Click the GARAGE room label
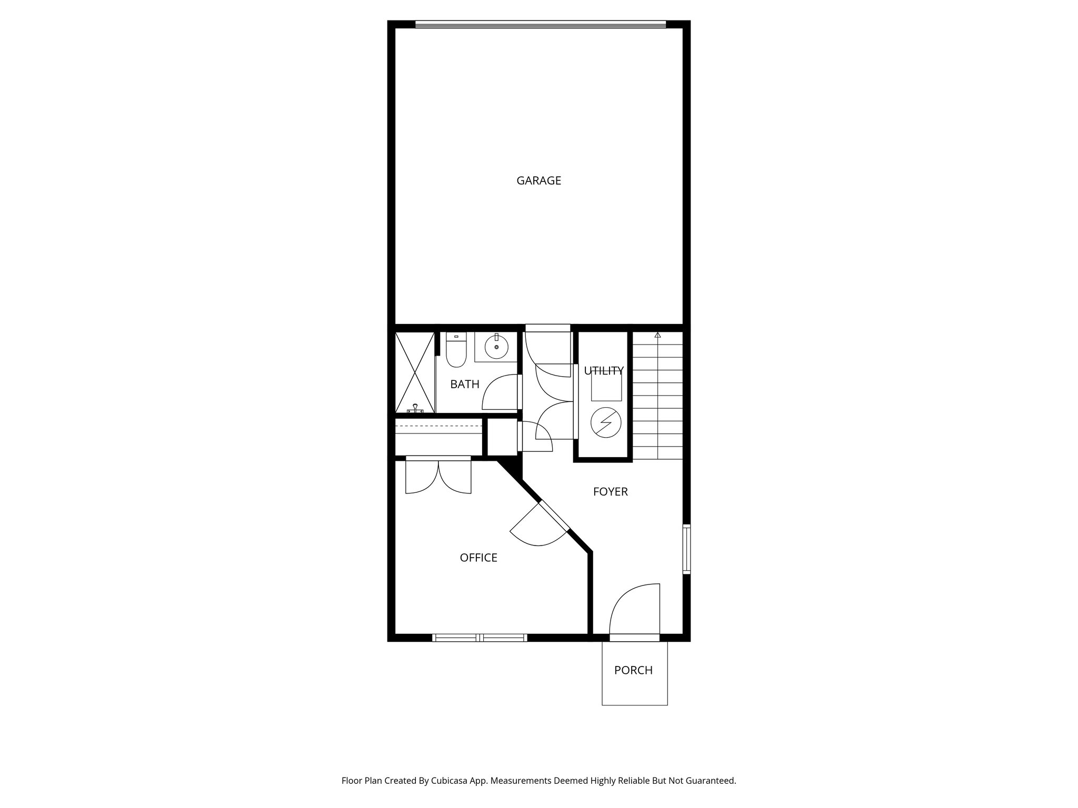pos(538,180)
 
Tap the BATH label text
pos(465,384)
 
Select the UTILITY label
pos(604,371)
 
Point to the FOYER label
pos(610,491)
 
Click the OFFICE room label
pos(478,558)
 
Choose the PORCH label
pos(633,670)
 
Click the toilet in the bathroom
pos(456,352)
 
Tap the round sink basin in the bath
pos(496,347)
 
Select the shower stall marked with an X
pos(415,372)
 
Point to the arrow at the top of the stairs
pos(657,335)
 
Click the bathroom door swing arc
pos(500,392)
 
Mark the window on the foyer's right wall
pos(686,548)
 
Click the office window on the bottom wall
pos(479,638)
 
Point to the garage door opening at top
pos(540,24)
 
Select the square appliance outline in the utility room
pos(606,386)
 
